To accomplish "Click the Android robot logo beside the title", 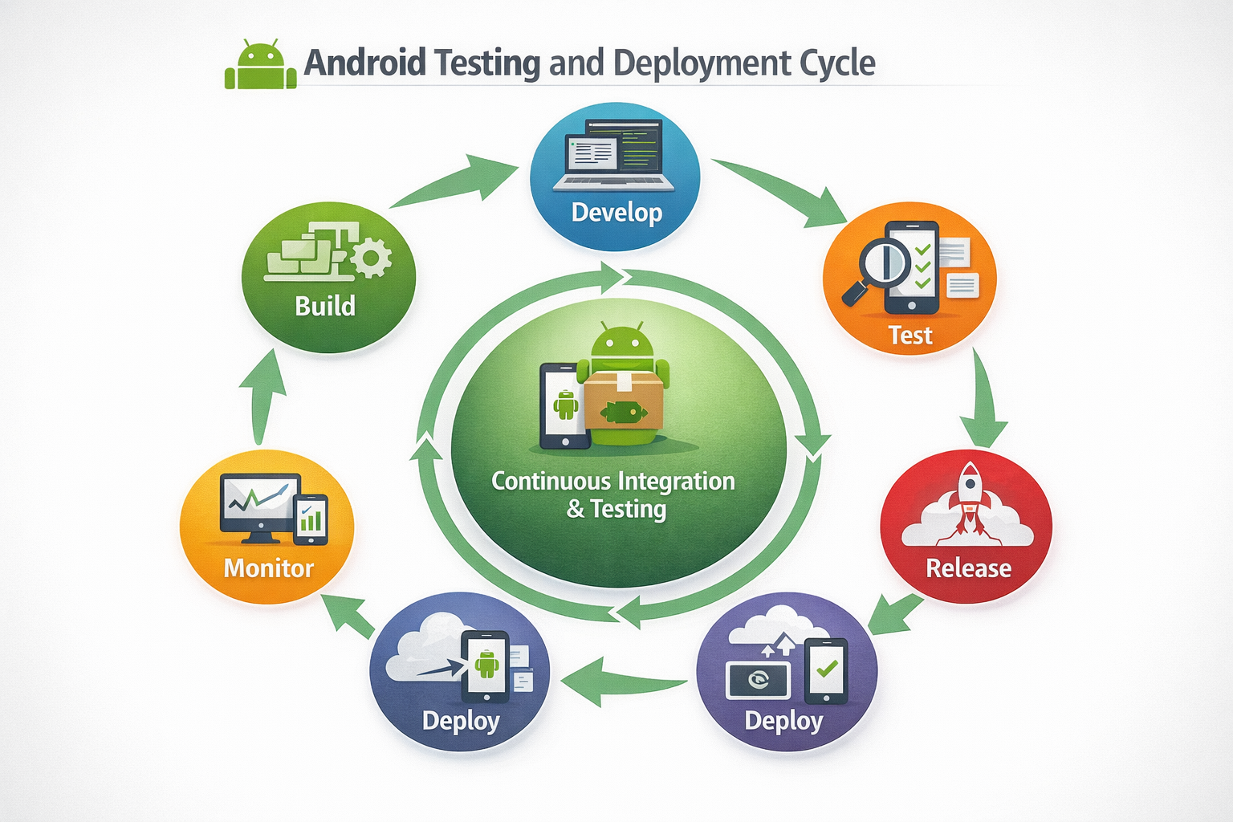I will coord(261,64).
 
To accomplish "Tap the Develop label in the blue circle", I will coord(616,213).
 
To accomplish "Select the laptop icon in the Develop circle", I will coord(614,157).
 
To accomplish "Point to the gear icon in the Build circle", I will coord(371,258).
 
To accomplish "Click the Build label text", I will coord(325,306).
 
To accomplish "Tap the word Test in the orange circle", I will coord(910,335).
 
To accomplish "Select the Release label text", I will coord(968,568).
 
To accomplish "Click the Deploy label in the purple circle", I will coord(783,721).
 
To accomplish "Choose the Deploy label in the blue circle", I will coord(461,721).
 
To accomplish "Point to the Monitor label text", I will coord(268,568).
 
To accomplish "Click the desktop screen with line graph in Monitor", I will coord(258,502).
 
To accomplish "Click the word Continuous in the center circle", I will coord(551,481).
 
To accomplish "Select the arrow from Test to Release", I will coord(985,401).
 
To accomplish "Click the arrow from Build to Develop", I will coord(458,182).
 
